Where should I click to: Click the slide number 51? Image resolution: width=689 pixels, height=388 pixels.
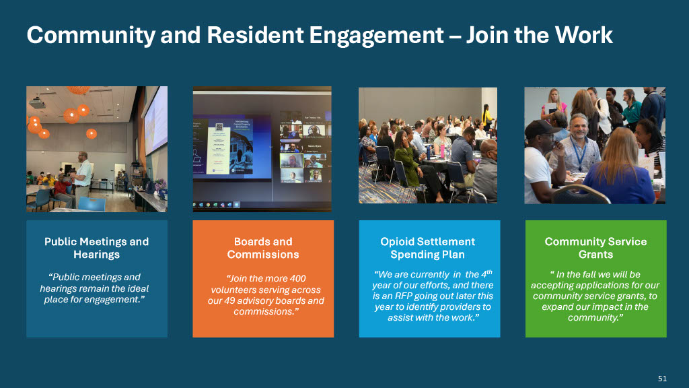click(662, 379)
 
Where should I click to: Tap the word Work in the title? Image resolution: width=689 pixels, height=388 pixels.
click(583, 35)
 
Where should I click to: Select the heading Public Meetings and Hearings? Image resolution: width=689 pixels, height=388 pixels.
click(97, 248)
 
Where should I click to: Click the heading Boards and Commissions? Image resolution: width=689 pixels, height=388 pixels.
click(263, 248)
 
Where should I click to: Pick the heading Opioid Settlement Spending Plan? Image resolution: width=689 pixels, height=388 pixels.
click(428, 248)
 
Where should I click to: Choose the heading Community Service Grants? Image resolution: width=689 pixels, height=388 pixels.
click(596, 248)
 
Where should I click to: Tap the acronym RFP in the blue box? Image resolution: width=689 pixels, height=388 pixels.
click(403, 296)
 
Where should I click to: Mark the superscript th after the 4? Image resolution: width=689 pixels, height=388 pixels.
click(490, 271)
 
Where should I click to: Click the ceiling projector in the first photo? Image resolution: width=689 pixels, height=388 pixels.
click(38, 103)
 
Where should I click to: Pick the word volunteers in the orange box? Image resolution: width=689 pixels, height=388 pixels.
click(233, 290)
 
